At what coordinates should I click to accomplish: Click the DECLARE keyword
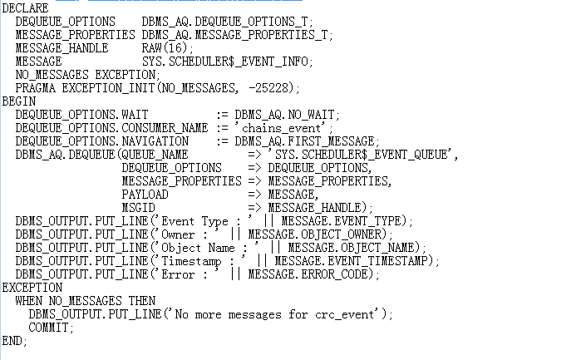25,7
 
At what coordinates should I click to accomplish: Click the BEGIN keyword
20,101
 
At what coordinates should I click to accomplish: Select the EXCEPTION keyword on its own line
32,287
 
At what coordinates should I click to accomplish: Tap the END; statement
15,340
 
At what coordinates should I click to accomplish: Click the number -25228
273,87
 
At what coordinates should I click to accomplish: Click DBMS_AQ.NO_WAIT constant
288,114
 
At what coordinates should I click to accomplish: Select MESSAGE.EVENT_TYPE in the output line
347,220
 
